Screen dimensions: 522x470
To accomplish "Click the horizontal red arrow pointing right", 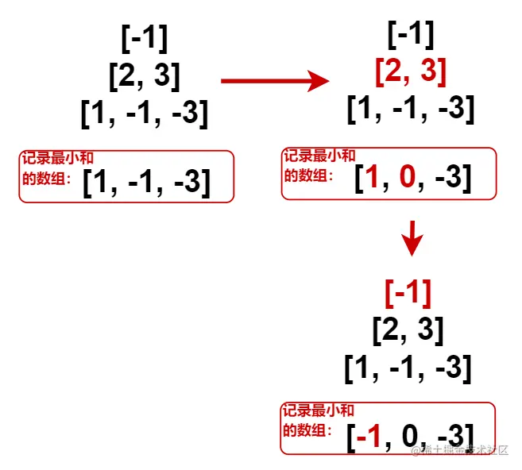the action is click(x=274, y=80).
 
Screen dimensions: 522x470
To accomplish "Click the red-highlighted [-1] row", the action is click(x=408, y=294).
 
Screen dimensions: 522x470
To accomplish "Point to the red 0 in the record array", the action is click(x=408, y=177).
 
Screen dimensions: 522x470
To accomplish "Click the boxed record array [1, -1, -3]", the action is click(x=147, y=183).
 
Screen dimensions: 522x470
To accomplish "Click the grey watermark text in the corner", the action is click(x=459, y=450).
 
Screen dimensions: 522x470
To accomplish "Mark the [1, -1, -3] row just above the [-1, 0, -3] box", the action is click(x=408, y=368).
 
